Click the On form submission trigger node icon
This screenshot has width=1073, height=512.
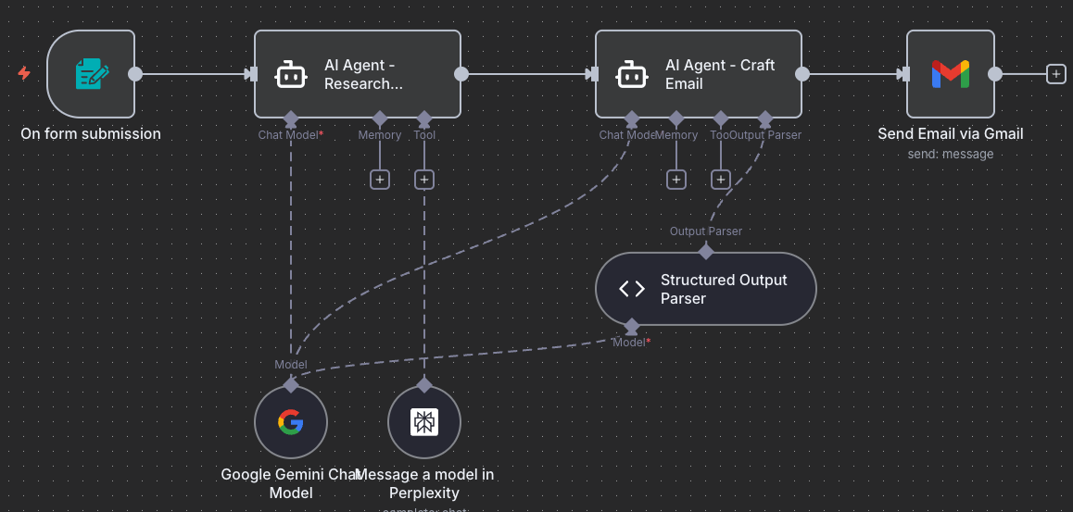91,74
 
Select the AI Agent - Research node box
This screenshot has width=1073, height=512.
358,74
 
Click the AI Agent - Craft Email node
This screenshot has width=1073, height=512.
699,74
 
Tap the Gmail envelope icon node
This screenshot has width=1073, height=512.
950,74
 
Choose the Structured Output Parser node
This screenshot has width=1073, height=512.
705,289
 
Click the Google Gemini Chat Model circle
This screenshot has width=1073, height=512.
290,422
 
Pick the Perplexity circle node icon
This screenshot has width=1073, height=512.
423,422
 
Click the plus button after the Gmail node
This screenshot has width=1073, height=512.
1055,74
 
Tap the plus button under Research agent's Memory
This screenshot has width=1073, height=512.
380,180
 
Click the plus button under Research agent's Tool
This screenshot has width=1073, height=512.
424,180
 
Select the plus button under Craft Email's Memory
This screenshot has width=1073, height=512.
676,180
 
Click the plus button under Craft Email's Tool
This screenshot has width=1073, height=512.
721,180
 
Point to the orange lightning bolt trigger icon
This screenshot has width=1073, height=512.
24,73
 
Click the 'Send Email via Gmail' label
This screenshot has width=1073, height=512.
950,134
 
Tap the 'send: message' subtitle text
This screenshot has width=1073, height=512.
950,154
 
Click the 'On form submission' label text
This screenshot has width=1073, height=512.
91,134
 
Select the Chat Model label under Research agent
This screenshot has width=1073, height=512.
290,135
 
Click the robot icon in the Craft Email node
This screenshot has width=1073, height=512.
632,74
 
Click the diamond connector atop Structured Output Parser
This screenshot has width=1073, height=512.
706,251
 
